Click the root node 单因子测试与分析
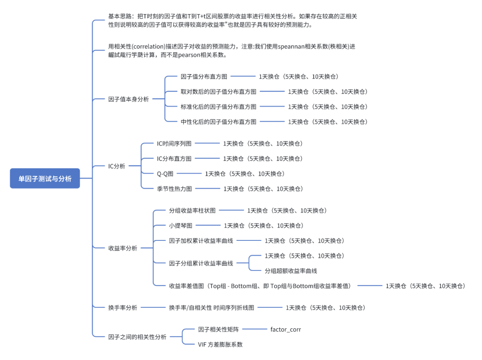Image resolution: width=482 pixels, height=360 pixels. coord(45,178)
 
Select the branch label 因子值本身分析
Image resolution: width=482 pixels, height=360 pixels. coord(129,99)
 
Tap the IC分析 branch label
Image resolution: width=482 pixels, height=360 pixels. coord(116,166)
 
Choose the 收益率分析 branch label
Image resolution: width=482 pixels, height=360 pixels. coord(123,248)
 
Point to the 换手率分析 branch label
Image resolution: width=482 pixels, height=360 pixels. coord(123,307)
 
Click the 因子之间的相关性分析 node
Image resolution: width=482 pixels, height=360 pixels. coord(137,337)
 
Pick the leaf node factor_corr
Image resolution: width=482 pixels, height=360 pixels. coord(286,329)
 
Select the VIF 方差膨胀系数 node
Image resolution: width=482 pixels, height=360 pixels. coord(220,344)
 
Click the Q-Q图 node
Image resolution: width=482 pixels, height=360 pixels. coord(165,174)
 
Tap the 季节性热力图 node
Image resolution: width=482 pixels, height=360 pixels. coord(174,189)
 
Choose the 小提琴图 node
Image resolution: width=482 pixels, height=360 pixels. coord(180,226)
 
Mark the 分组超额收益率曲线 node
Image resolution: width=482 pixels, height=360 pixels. coord(291,271)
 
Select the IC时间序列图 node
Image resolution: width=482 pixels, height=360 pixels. coord(174,144)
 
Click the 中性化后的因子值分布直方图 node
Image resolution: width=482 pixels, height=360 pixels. coord(218,122)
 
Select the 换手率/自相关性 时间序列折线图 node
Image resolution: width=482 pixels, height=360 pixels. coord(211,307)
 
